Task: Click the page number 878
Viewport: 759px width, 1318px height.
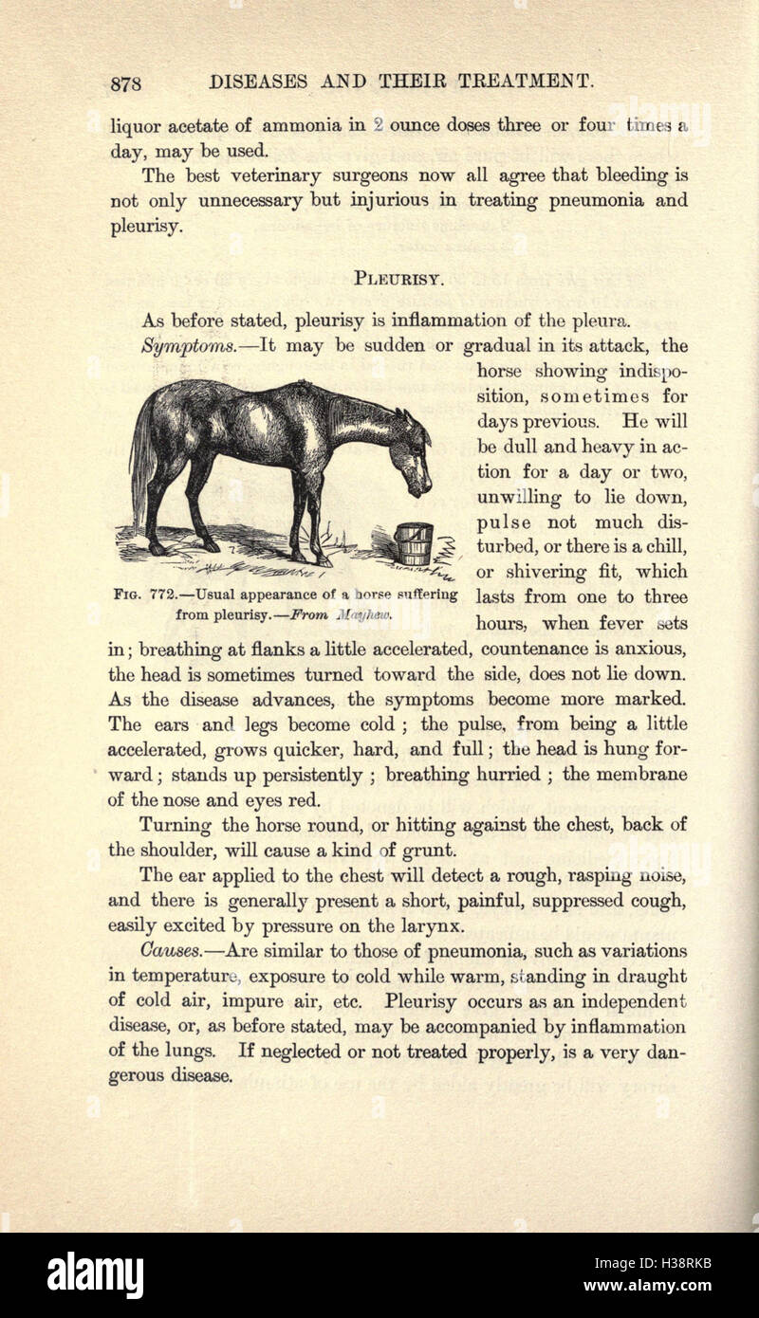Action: click(x=126, y=82)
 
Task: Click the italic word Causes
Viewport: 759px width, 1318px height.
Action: click(x=169, y=950)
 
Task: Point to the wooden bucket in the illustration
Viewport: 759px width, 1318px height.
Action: click(x=413, y=543)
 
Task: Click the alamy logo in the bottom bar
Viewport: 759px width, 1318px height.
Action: click(x=95, y=1274)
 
